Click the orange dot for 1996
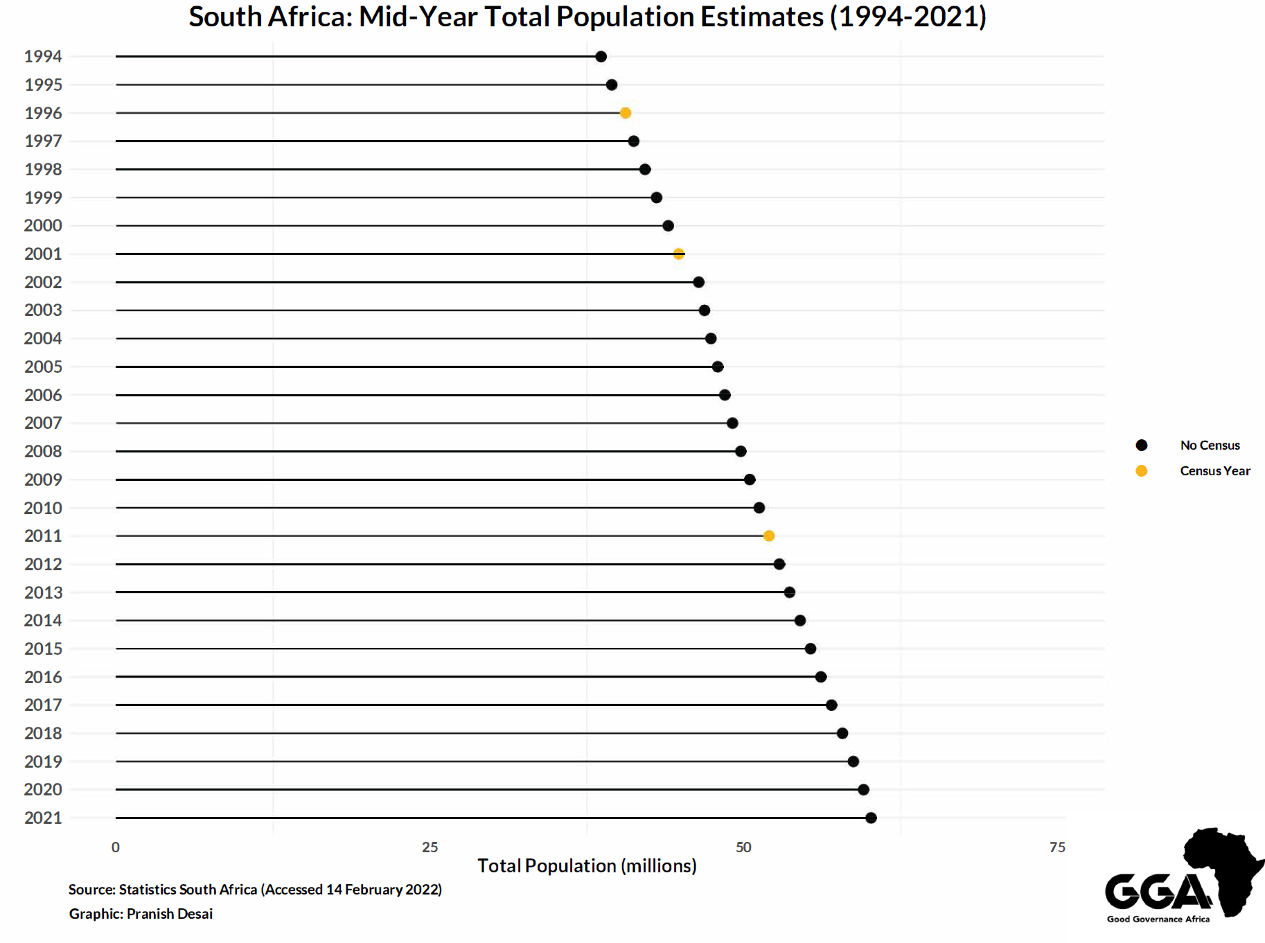coord(625,113)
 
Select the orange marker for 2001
coord(679,254)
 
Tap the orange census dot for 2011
coord(768,536)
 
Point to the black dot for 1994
coord(601,57)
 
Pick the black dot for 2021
coord(871,818)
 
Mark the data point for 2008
coord(741,451)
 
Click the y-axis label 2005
coord(43,367)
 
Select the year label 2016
coord(43,677)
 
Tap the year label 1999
coord(43,197)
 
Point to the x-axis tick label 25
coord(430,847)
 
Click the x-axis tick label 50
coord(743,847)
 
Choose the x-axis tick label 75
coord(1057,847)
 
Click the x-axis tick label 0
coord(116,847)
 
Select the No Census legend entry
coord(1210,446)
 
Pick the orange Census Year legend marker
coord(1141,471)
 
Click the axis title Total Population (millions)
coord(587,866)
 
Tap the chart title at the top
coord(587,17)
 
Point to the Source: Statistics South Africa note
coord(255,890)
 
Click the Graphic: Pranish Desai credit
coord(141,914)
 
